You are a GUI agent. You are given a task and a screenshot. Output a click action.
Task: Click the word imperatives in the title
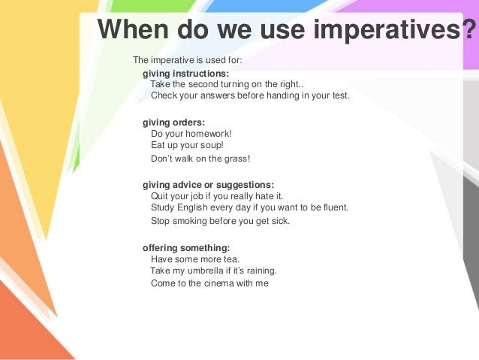[x=387, y=32]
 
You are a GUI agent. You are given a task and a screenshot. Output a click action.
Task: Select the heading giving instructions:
[x=186, y=74]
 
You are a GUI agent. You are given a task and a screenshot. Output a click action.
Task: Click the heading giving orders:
[x=174, y=123]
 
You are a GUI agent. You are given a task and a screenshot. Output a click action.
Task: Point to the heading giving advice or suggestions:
[x=209, y=184]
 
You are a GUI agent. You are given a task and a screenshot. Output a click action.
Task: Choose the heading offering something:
[x=186, y=247]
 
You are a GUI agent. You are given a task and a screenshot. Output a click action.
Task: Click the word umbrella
[x=218, y=271]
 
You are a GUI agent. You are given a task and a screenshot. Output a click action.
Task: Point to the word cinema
[x=221, y=284]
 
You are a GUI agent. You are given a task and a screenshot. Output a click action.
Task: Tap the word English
[x=195, y=207]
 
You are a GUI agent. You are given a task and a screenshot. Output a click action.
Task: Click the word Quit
[x=161, y=195]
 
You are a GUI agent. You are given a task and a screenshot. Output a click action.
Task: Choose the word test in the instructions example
[x=340, y=96]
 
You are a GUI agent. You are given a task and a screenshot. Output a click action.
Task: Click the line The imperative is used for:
[x=188, y=60]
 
